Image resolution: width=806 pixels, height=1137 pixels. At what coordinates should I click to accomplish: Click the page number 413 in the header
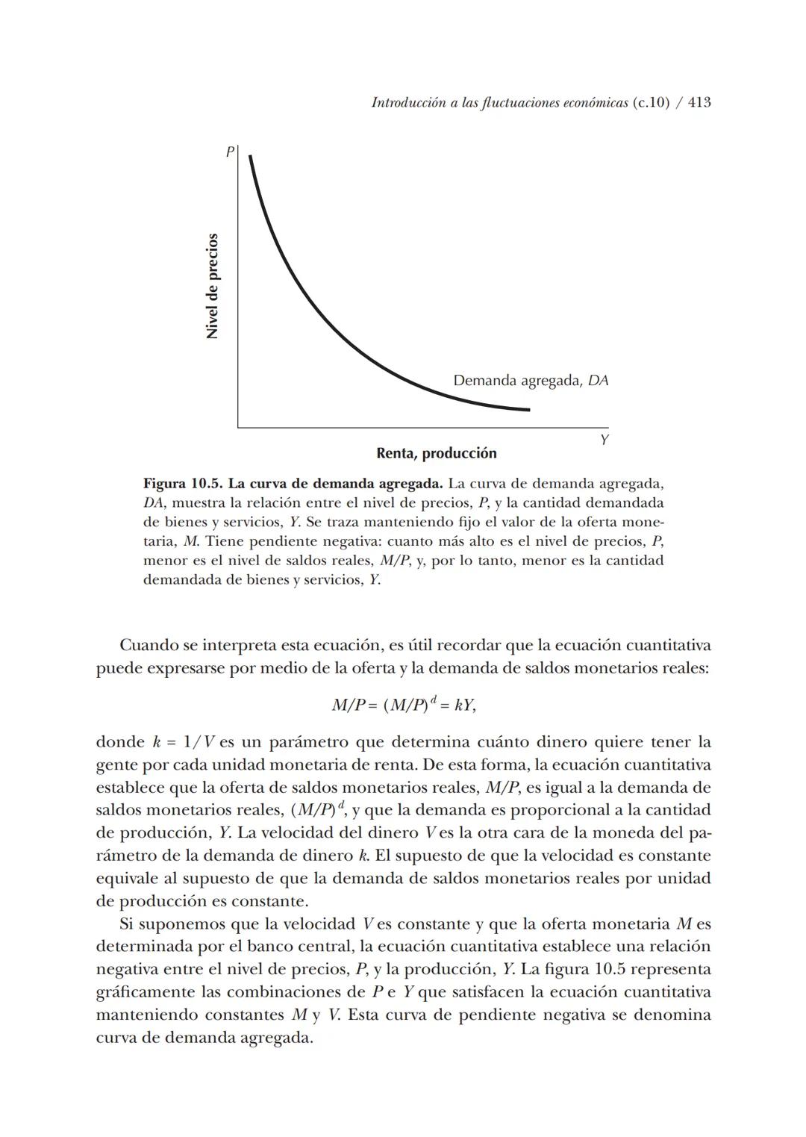pyautogui.click(x=699, y=103)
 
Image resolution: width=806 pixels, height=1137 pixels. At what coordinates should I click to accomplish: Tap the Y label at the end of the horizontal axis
pyautogui.click(x=604, y=440)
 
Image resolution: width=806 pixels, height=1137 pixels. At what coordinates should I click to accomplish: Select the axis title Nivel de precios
pyautogui.click(x=213, y=287)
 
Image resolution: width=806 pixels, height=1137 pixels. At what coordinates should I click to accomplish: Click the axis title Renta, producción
pyautogui.click(x=436, y=453)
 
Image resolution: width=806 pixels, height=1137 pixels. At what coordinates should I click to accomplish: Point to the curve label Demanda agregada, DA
pyautogui.click(x=531, y=381)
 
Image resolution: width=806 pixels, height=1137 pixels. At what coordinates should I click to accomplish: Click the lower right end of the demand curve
pyautogui.click(x=528, y=409)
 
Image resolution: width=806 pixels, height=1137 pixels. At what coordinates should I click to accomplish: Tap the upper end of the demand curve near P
pyautogui.click(x=251, y=158)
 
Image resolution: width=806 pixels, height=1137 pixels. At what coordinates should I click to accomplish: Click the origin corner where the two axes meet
pyautogui.click(x=239, y=427)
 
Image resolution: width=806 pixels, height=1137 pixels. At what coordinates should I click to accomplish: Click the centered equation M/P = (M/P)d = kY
pyautogui.click(x=403, y=705)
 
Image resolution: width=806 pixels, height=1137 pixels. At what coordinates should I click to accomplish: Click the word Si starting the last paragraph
pyautogui.click(x=126, y=924)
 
